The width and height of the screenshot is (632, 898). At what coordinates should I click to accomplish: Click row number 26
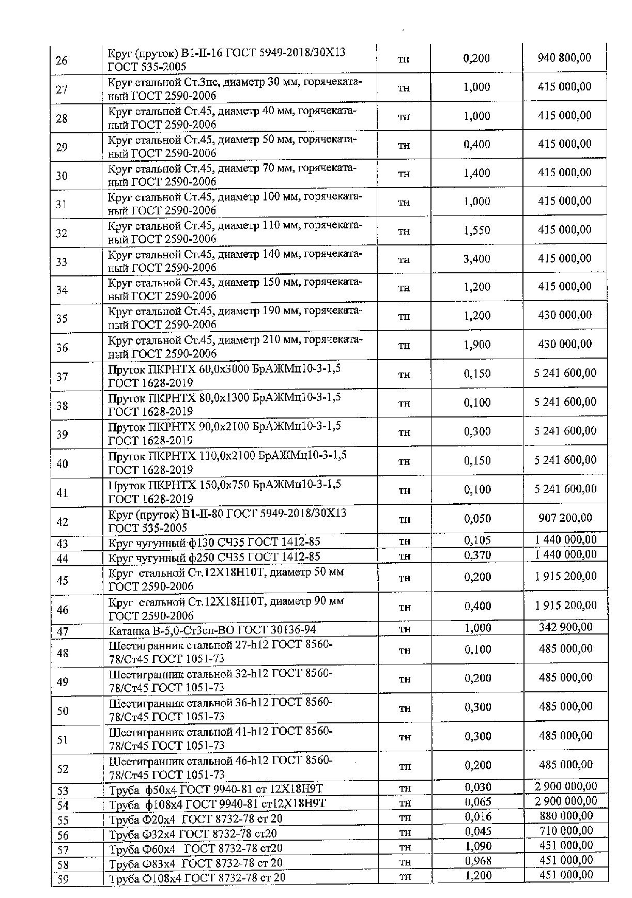[x=61, y=60]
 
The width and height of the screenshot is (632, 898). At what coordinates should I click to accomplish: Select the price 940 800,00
[x=564, y=57]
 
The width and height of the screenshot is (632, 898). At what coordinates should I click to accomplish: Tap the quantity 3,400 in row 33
[x=476, y=258]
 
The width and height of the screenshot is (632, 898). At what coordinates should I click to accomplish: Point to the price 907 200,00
[x=565, y=518]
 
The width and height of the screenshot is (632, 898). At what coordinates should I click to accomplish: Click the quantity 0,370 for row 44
[x=477, y=555]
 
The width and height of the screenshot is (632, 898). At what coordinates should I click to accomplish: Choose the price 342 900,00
[x=565, y=627]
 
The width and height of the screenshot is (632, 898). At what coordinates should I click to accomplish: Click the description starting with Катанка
[x=212, y=630]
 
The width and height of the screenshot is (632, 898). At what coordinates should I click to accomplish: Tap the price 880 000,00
[x=566, y=816]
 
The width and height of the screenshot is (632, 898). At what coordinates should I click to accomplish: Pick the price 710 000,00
[x=566, y=831]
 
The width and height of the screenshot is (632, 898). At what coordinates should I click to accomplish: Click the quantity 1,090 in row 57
[x=478, y=846]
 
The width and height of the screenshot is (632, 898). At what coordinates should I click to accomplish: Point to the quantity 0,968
[x=478, y=861]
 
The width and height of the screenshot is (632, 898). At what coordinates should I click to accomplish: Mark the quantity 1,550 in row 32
[x=476, y=230]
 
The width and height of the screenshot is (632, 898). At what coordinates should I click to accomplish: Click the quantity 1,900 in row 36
[x=476, y=344]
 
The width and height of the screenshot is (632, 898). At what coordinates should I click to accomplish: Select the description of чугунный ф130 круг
[x=214, y=542]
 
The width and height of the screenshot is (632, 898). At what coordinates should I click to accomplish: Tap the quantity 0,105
[x=477, y=540]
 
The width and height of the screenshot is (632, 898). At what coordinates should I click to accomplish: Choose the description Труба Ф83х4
[x=196, y=863]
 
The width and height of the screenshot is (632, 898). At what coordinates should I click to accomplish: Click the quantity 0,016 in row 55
[x=478, y=817]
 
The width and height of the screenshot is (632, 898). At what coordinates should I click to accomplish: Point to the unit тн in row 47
[x=405, y=629]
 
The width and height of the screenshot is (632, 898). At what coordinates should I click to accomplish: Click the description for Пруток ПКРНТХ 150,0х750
[x=224, y=491]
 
